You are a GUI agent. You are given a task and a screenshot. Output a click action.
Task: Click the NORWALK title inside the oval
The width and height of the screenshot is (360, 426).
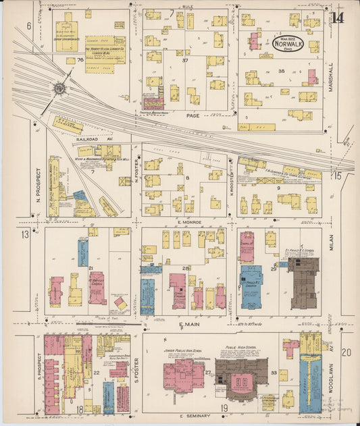pyautogui.click(x=288, y=46)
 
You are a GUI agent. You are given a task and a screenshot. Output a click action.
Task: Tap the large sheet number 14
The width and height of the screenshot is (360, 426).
pyautogui.click(x=338, y=17)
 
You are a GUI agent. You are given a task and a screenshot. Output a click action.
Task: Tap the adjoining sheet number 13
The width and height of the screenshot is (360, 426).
pyautogui.click(x=26, y=234)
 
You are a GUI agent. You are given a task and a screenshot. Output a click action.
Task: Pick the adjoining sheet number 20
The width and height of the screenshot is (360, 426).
pyautogui.click(x=346, y=352)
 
